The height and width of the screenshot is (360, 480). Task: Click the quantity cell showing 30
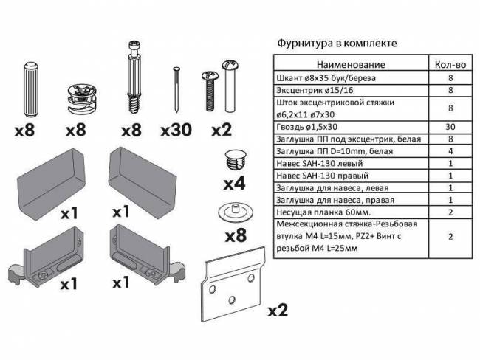[450, 127]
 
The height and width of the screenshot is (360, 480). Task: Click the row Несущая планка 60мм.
[321, 211]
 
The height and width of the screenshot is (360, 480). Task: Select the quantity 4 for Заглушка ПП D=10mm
[450, 151]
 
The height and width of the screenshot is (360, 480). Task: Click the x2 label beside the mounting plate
[277, 309]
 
